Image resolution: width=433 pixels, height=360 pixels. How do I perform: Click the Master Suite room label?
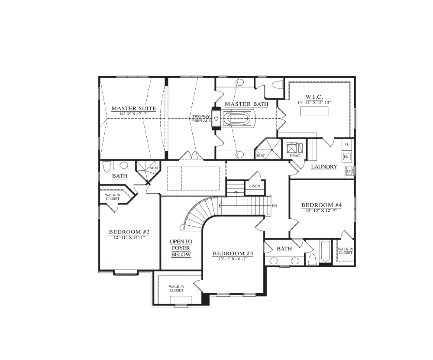click(134, 109)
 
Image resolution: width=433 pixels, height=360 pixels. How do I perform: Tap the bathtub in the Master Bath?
click(237, 119)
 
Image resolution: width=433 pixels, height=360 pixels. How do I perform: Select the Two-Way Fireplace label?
click(201, 119)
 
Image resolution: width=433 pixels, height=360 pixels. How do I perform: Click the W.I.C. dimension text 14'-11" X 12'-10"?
click(314, 102)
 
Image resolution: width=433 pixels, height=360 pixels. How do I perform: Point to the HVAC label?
click(295, 156)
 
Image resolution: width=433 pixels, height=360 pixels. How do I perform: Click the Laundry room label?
click(324, 167)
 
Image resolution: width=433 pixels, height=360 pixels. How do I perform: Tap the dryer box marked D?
click(347, 144)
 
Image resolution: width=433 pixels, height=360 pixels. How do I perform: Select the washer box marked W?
click(347, 157)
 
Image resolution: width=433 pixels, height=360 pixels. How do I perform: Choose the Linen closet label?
click(255, 186)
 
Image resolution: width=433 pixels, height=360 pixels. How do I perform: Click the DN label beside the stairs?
click(275, 205)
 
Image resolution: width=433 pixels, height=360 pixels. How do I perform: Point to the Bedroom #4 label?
click(321, 205)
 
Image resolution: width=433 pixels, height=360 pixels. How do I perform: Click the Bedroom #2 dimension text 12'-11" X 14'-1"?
click(129, 237)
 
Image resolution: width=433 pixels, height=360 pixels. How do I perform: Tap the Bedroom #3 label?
click(233, 253)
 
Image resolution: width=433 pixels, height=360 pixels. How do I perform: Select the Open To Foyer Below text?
click(181, 248)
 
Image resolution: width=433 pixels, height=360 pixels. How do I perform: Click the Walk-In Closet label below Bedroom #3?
click(177, 289)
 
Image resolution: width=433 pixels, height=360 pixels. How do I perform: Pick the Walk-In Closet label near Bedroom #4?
click(346, 251)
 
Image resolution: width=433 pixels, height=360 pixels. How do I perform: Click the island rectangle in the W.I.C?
click(314, 111)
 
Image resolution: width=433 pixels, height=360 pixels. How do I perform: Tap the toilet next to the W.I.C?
click(278, 84)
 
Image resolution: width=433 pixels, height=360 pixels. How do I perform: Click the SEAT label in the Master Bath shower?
click(260, 155)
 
